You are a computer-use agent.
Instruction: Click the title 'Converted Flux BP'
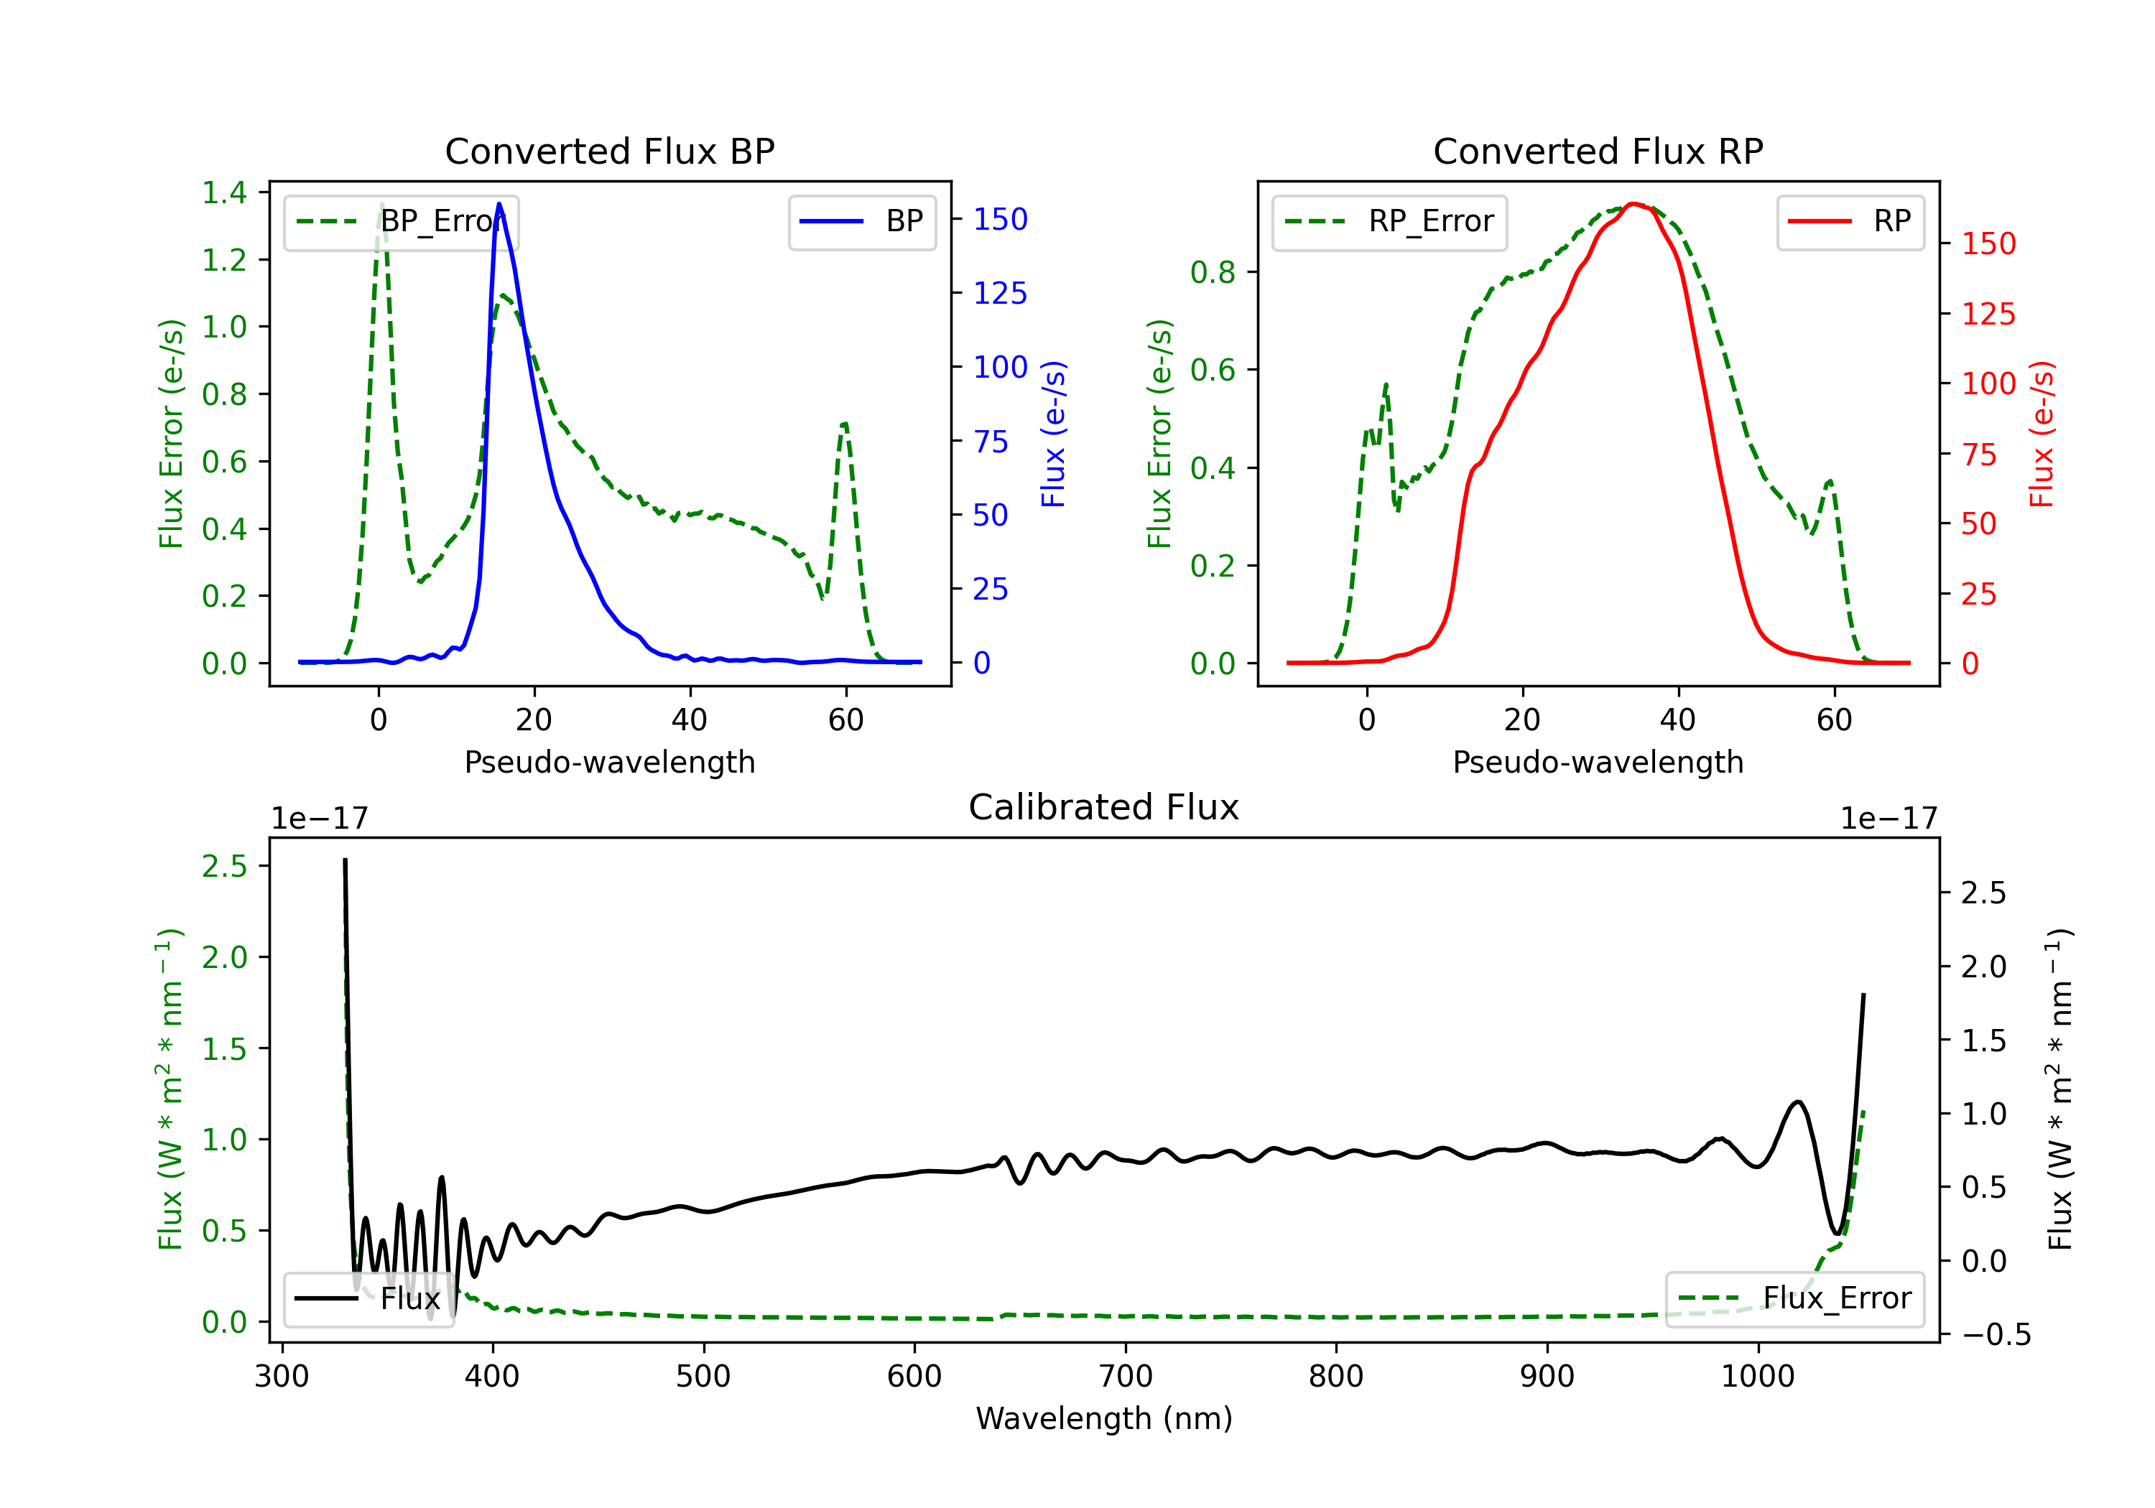click(x=609, y=151)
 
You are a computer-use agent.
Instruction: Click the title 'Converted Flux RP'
click(x=1598, y=151)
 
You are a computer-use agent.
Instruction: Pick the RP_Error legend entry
click(x=1389, y=221)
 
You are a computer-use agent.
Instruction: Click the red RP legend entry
click(x=1850, y=221)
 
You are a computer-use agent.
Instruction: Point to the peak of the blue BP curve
click(x=499, y=204)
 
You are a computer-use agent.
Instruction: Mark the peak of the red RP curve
click(x=1633, y=204)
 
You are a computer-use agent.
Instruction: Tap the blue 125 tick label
click(x=1000, y=294)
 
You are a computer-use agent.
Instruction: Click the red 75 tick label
click(x=1978, y=454)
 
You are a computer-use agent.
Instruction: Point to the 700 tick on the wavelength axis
click(x=1126, y=1376)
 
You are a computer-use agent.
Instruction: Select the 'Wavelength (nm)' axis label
click(x=1104, y=1418)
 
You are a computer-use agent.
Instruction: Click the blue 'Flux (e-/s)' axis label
click(x=1053, y=434)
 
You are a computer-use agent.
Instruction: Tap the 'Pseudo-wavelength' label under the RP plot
click(x=1598, y=762)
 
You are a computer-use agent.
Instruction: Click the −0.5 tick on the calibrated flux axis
click(x=1996, y=1334)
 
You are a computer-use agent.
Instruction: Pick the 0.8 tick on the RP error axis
click(x=1213, y=272)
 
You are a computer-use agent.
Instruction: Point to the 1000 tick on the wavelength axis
click(x=1757, y=1376)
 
